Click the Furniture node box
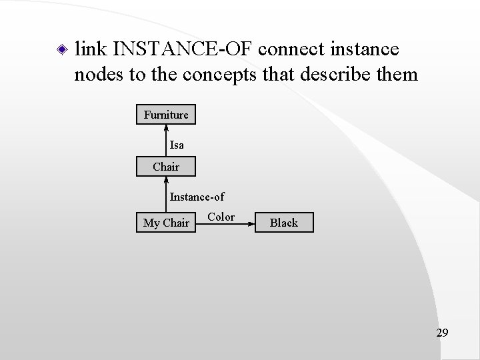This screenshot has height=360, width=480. click(166, 115)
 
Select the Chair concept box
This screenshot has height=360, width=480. click(166, 167)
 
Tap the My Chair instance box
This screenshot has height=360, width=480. click(166, 223)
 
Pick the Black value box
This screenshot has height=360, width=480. click(283, 223)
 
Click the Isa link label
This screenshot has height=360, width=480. click(177, 145)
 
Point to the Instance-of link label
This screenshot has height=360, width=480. click(197, 197)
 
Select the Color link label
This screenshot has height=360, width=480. click(221, 217)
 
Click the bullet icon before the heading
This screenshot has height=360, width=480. click(61, 49)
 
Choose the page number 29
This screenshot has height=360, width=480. click(442, 332)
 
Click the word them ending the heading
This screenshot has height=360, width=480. click(399, 74)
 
